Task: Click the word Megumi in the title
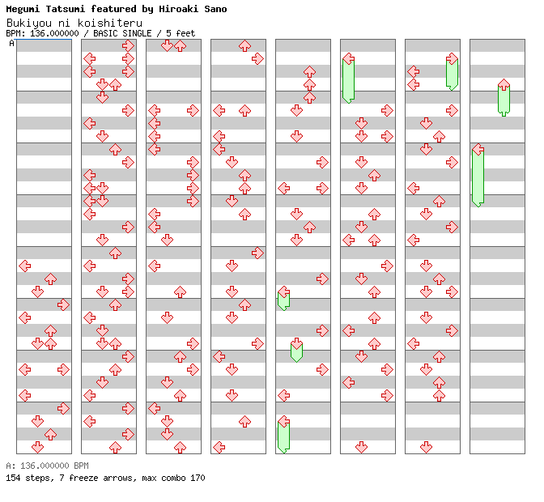(22, 9)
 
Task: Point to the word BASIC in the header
(109, 33)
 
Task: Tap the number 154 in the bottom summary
(13, 478)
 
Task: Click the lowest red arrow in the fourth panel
(219, 447)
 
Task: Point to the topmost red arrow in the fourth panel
(244, 46)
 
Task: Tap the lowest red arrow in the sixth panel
(361, 447)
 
